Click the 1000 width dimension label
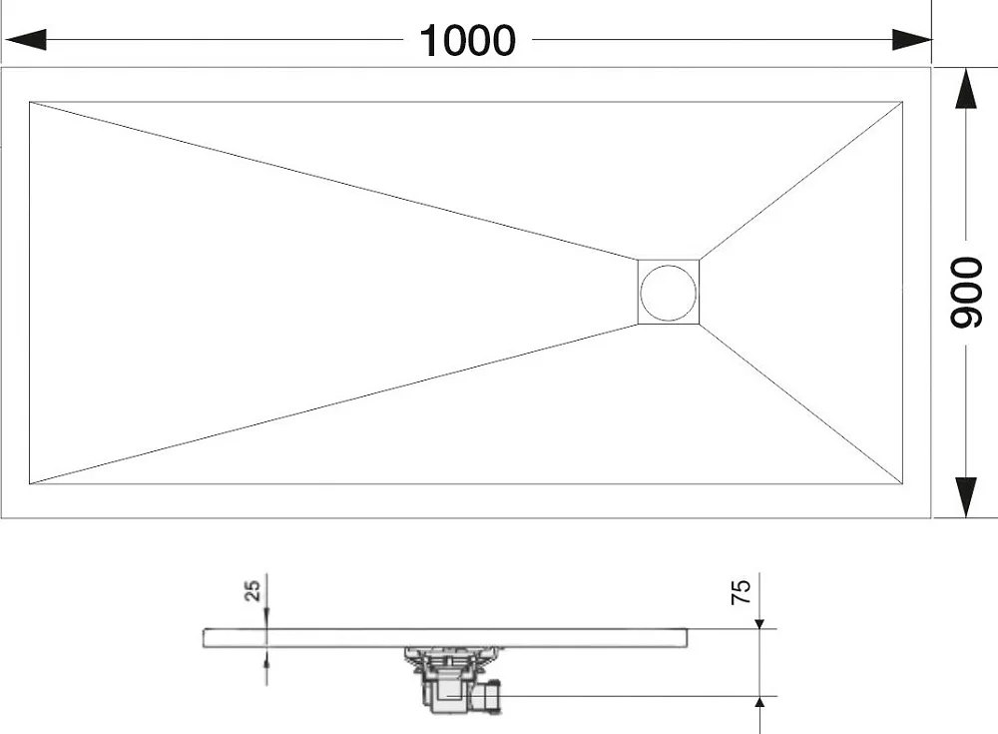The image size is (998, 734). point(468,41)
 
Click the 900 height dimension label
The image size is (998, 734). point(966,293)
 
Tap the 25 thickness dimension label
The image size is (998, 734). point(252,590)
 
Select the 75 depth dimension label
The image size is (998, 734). point(741,591)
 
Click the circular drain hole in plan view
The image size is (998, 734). point(669,293)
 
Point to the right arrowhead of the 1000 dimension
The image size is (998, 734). point(912,40)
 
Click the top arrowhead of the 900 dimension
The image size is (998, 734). point(966,89)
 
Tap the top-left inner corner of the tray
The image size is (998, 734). point(30,102)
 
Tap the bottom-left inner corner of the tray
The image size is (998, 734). point(30,483)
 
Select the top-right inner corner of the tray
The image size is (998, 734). point(902,102)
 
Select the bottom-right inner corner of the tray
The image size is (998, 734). point(902,483)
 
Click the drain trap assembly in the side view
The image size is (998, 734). point(452,679)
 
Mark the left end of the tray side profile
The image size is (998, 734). point(204,638)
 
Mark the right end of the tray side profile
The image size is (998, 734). point(688,638)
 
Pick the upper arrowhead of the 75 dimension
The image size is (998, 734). point(759,624)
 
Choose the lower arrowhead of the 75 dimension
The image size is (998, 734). point(759,701)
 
